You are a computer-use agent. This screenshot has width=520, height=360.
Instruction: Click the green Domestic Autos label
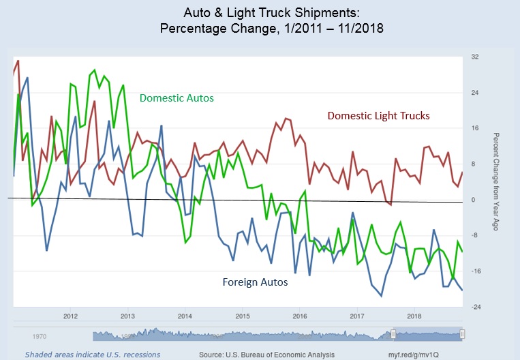(x=177, y=98)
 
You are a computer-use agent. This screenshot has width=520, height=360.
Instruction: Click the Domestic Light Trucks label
(x=378, y=116)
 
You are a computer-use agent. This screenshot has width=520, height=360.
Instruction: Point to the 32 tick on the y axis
(x=475, y=57)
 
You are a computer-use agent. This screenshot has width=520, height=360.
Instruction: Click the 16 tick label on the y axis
(x=475, y=128)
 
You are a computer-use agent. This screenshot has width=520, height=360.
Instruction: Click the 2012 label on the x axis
(x=70, y=316)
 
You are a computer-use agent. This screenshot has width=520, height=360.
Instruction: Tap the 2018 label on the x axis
(x=413, y=316)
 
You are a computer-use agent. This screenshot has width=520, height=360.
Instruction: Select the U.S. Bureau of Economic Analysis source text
(x=266, y=355)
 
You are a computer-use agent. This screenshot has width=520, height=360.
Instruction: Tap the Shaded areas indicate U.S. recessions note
(x=93, y=355)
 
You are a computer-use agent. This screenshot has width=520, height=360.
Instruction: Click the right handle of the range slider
(x=462, y=334)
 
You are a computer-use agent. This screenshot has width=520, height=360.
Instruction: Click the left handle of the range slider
(x=393, y=334)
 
